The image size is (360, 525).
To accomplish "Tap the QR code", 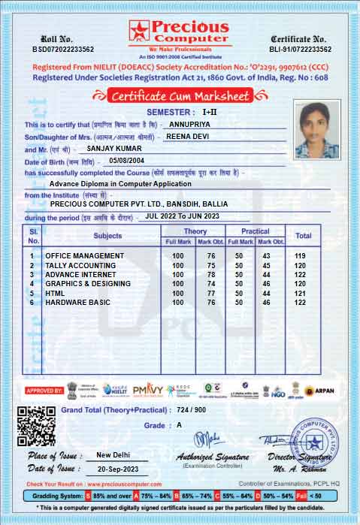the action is [36, 425].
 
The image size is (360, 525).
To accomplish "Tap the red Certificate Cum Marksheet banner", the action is [179, 95].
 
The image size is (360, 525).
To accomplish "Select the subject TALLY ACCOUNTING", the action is [80, 265].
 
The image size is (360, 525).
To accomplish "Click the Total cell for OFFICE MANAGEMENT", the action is [300, 256].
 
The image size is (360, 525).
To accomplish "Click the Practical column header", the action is [256, 231].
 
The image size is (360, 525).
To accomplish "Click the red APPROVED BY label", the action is [44, 391].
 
